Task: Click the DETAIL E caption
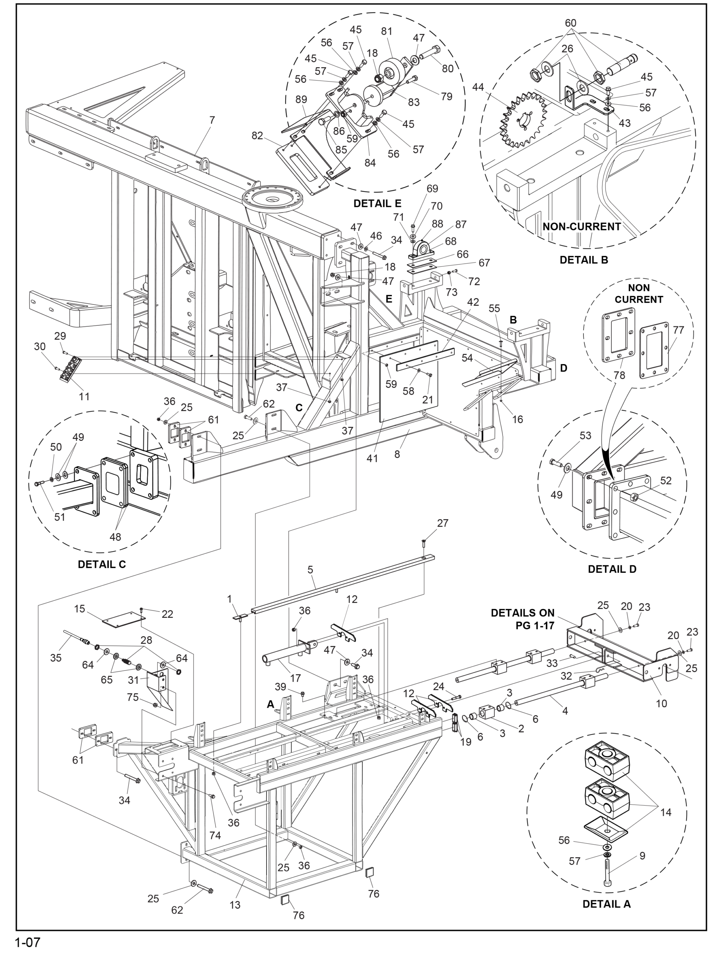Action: [x=377, y=203]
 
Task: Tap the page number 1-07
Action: [x=28, y=942]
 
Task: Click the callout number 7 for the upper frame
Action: [x=212, y=120]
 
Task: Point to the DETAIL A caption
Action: [x=606, y=904]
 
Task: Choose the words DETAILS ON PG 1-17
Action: [x=523, y=619]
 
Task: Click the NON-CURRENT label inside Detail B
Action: [x=582, y=227]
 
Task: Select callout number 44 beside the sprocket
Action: [x=478, y=87]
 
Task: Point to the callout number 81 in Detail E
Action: [x=387, y=31]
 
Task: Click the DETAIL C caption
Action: [x=102, y=564]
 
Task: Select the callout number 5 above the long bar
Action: [x=310, y=570]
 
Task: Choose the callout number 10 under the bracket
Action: [x=661, y=704]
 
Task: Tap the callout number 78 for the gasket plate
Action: [x=619, y=375]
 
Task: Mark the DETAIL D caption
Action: [x=612, y=569]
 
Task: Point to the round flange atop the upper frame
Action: [x=272, y=199]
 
